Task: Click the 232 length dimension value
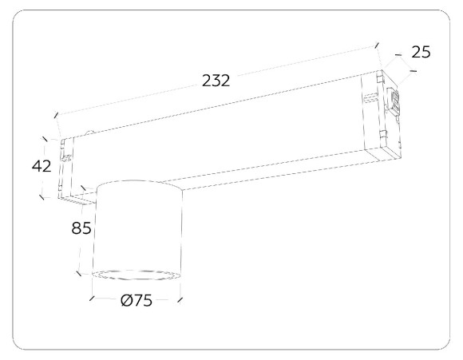coord(216,81)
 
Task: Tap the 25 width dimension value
coord(421,52)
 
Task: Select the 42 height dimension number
coord(42,166)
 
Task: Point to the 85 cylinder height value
coord(81,228)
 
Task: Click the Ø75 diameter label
coord(137,301)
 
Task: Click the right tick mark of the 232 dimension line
coord(376,45)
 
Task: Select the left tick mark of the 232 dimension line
coord(57,115)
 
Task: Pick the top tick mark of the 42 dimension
coord(45,139)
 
